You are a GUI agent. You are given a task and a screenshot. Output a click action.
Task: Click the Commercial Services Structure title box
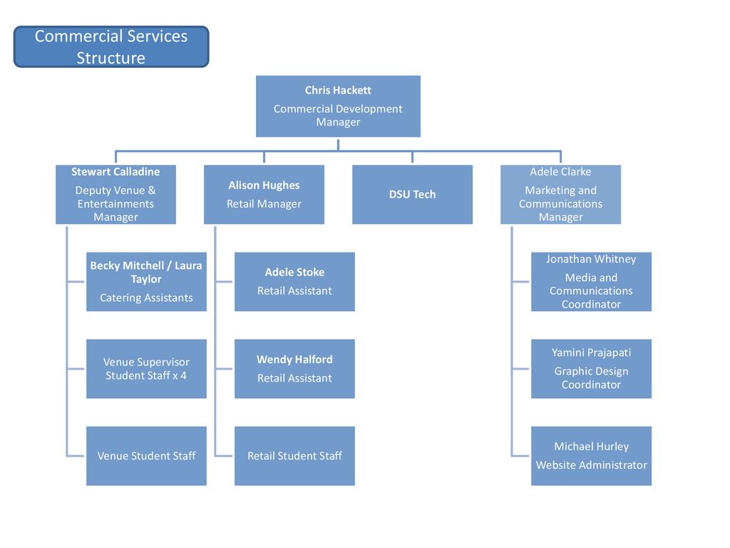click(x=111, y=46)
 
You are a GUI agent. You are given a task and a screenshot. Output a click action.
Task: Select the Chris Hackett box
click(x=338, y=106)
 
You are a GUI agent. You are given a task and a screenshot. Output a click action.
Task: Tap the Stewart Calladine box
click(x=116, y=194)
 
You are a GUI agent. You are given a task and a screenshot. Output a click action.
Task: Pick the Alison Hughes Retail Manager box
click(x=264, y=194)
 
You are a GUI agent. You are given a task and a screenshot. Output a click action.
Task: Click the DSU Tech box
click(x=413, y=194)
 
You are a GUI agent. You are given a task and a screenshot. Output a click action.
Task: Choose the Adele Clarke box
click(x=560, y=194)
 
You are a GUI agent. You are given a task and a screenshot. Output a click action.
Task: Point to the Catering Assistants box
click(x=146, y=281)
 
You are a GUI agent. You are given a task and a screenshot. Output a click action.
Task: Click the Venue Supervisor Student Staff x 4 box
click(x=146, y=369)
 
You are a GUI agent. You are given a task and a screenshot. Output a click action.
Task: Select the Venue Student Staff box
click(x=146, y=456)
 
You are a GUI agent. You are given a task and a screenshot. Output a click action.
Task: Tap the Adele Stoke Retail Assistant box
click(x=294, y=281)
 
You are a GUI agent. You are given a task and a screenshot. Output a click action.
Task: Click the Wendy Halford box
click(x=294, y=369)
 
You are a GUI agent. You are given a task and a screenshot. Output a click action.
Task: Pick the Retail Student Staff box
click(x=294, y=456)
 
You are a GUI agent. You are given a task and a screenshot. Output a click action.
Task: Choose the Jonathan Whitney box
click(x=591, y=281)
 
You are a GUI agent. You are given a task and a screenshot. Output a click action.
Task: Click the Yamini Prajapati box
click(x=591, y=369)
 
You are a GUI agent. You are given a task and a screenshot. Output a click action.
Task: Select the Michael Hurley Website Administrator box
click(x=591, y=456)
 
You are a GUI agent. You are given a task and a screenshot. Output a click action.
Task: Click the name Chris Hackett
click(x=338, y=90)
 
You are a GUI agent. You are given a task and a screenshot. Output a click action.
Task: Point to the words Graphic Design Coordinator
click(x=591, y=378)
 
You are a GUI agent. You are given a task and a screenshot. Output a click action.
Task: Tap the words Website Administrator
click(x=591, y=465)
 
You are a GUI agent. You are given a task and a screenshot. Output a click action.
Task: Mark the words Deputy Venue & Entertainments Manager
click(x=115, y=203)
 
